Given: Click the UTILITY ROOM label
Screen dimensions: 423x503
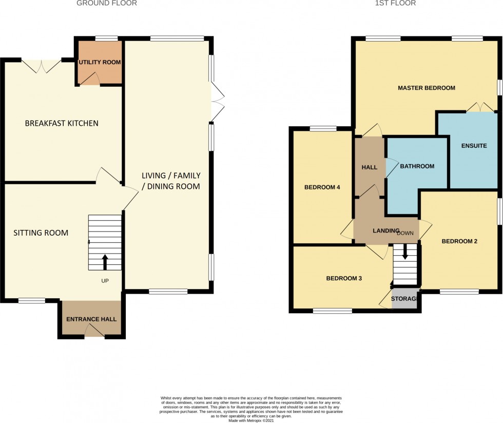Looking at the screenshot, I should [x=100, y=63].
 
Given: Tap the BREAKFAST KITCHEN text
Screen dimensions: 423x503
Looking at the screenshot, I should [x=62, y=123].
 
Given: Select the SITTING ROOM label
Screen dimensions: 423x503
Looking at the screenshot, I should [x=41, y=233].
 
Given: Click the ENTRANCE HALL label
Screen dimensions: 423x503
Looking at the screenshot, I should [x=91, y=319].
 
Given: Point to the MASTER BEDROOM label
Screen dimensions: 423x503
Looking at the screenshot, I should [x=427, y=88].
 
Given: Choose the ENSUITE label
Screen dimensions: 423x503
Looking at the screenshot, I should [x=473, y=146].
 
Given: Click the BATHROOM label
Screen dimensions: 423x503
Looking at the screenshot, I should [x=417, y=166].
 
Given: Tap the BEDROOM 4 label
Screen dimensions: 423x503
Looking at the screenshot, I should [x=322, y=187].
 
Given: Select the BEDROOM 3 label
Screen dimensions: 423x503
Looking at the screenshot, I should [x=344, y=279].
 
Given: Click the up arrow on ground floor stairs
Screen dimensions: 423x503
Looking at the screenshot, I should [x=105, y=261].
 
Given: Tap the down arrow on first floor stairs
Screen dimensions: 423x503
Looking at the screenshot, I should [x=405, y=252].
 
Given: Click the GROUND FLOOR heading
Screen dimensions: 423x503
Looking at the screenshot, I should [x=107, y=4].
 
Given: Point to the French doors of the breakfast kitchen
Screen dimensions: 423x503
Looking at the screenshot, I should [x=41, y=65].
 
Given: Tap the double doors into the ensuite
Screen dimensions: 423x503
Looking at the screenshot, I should [x=480, y=108].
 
